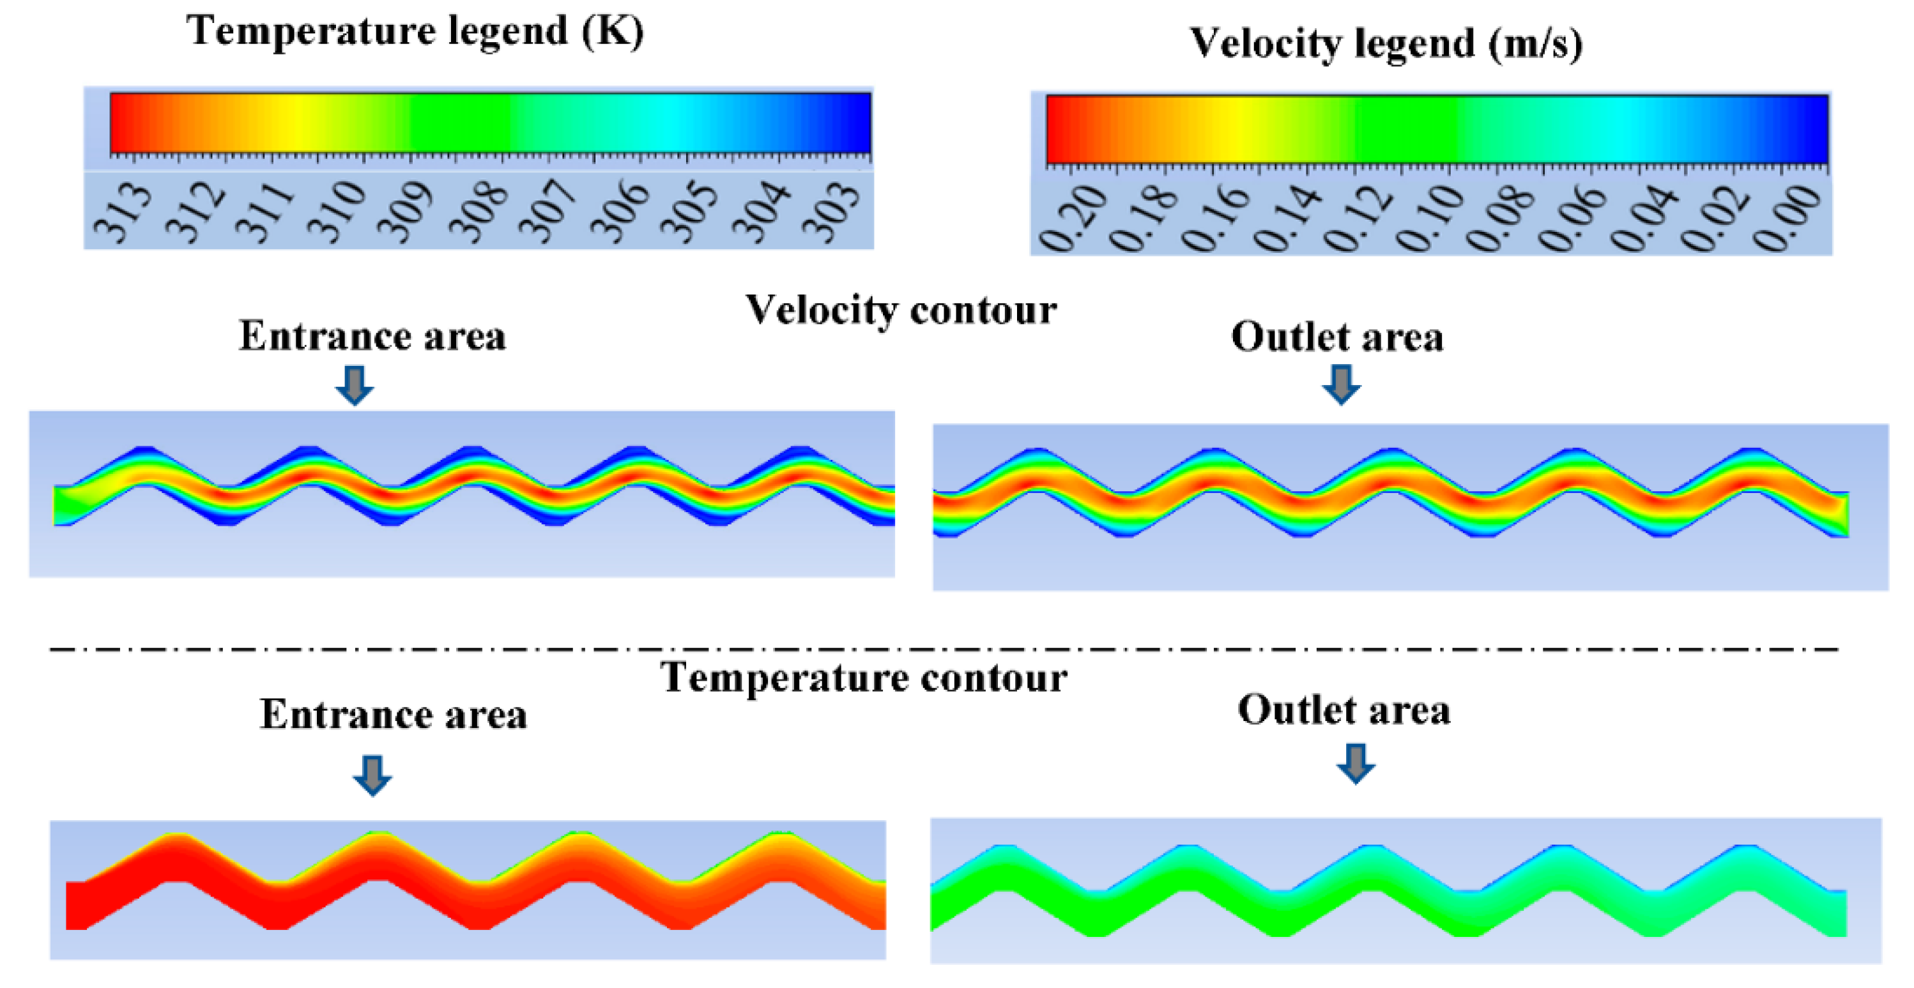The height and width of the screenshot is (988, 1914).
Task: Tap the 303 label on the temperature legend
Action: click(832, 214)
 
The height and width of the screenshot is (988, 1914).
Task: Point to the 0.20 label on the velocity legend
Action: click(1072, 219)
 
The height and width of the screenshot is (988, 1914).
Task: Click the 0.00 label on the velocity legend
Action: click(1787, 219)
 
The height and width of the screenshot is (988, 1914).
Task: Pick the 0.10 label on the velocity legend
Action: click(1430, 219)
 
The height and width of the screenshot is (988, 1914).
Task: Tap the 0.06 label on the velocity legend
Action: click(1572, 219)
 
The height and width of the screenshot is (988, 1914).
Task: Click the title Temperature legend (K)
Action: click(415, 31)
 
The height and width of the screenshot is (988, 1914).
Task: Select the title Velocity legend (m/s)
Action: click(1386, 43)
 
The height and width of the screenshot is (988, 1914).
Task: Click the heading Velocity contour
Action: click(901, 310)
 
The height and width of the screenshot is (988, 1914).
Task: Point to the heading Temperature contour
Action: click(863, 678)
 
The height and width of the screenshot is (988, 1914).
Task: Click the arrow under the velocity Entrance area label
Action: click(355, 385)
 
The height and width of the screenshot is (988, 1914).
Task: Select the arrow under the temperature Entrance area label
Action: click(372, 775)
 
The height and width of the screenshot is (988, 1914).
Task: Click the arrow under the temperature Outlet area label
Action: click(1356, 764)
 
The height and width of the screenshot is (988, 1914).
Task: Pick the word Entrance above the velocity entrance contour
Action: click(324, 337)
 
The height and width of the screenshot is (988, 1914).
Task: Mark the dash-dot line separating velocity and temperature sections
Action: click(944, 650)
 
